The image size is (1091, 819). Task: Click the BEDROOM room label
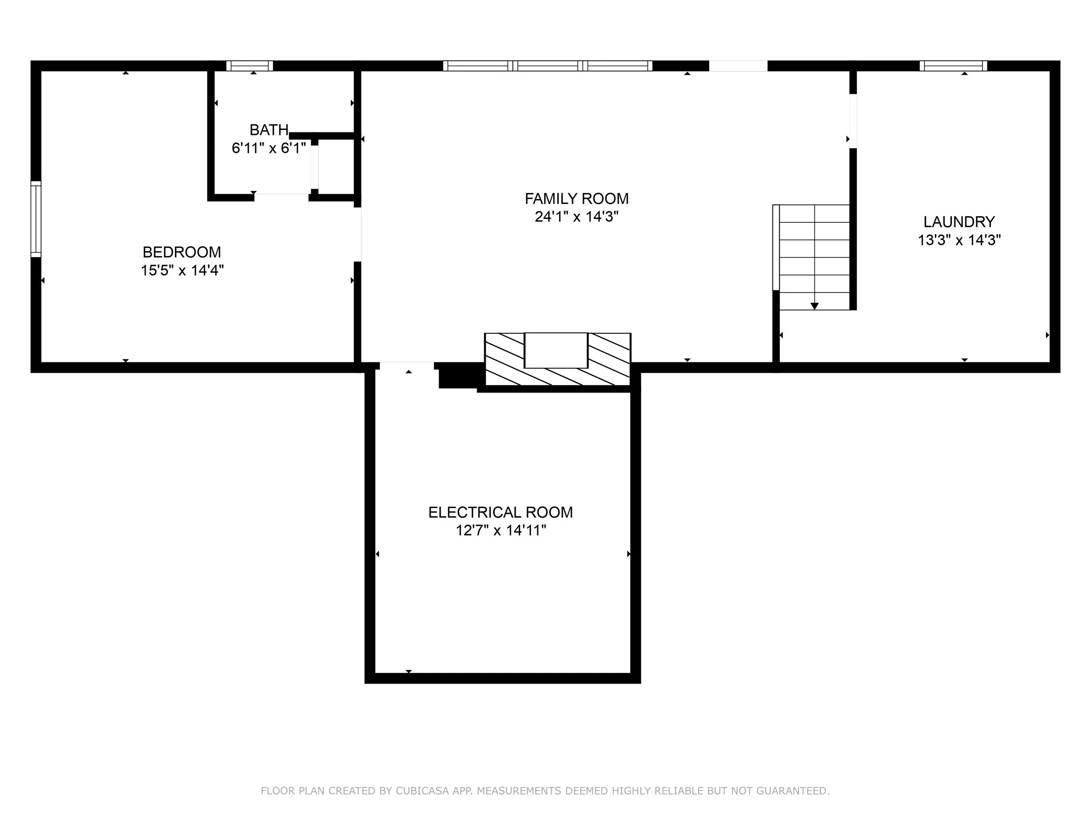pos(182,252)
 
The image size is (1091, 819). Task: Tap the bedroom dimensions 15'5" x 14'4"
pos(182,270)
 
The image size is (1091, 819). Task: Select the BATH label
pos(269,130)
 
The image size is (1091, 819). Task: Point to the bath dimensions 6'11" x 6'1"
pos(269,148)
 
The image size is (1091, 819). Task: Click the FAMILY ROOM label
pos(576,198)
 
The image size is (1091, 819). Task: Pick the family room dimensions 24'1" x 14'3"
pos(576,217)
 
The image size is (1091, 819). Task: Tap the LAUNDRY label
pos(959,221)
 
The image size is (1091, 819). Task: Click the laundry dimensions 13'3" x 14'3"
pos(959,240)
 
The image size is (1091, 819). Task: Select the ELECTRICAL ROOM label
pos(500,512)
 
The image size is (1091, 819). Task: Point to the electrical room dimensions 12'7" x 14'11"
pos(501,531)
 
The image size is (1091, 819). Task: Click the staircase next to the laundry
pos(811,257)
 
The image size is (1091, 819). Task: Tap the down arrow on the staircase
pos(814,306)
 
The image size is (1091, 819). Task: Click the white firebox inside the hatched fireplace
pos(556,350)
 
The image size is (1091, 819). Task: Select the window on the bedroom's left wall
pos(36,219)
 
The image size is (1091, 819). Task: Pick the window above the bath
pos(250,66)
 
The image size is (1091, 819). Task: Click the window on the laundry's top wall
pos(954,66)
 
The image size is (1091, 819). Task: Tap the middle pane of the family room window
pos(548,66)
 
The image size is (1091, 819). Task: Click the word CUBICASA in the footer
pos(422,791)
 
